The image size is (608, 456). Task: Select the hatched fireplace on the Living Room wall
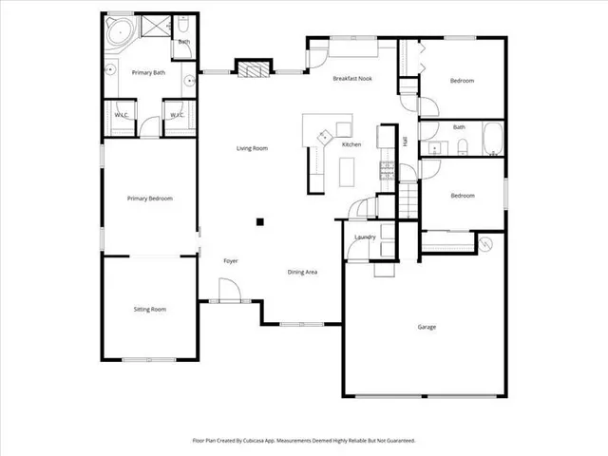[251, 68]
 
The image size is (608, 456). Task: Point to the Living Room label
[252, 148]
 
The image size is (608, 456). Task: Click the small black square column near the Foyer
[259, 223]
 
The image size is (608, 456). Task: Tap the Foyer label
[230, 260]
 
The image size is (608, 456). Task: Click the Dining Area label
[302, 272]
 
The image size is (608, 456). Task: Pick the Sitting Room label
[150, 309]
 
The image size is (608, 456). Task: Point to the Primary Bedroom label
[150, 199]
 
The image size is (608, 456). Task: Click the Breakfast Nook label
[351, 80]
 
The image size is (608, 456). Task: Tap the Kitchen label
[351, 144]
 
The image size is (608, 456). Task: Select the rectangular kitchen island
[346, 170]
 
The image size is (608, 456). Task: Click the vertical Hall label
[405, 141]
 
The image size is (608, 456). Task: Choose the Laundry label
[365, 237]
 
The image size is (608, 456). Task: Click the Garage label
[427, 327]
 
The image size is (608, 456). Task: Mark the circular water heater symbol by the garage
[486, 244]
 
